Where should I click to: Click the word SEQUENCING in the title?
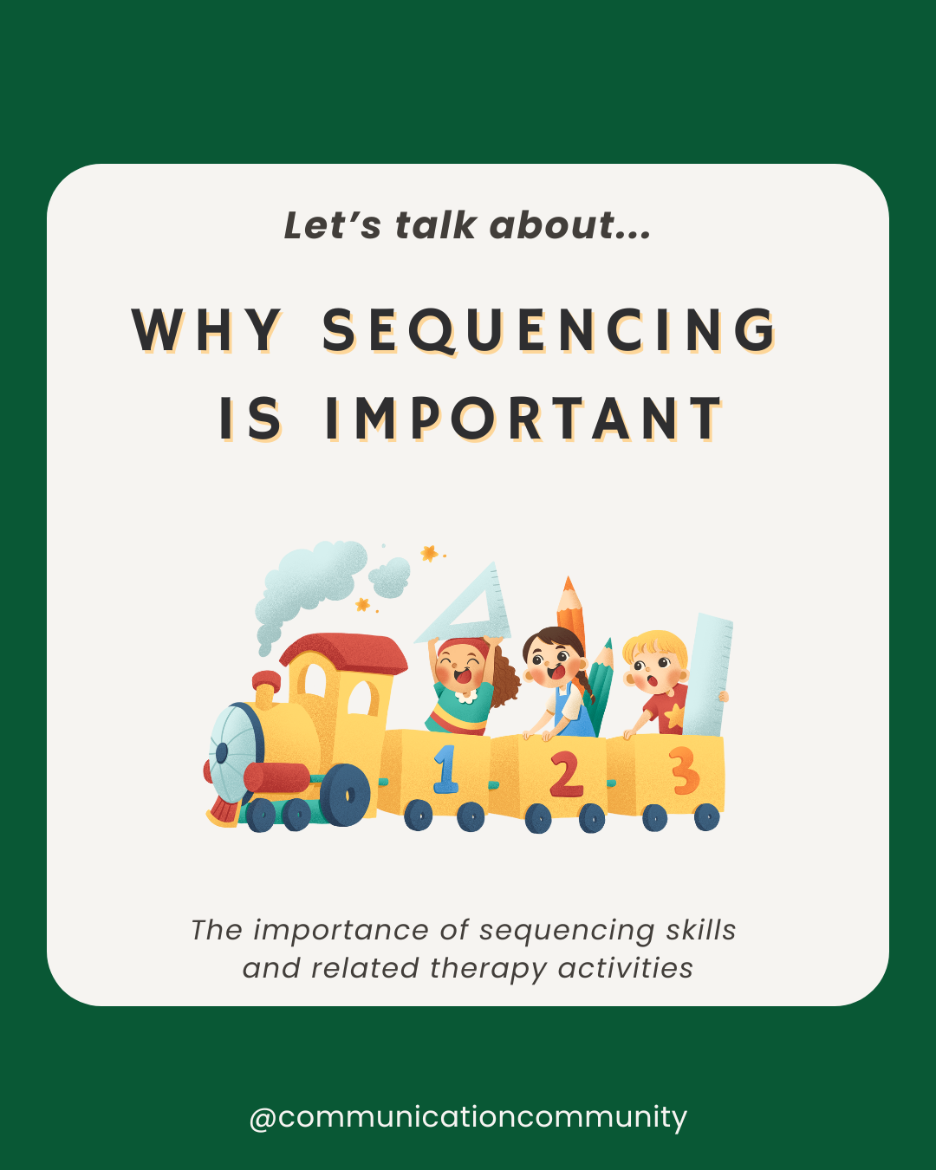click(x=549, y=331)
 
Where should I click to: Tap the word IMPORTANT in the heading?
click(x=524, y=419)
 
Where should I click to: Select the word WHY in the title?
click(x=207, y=331)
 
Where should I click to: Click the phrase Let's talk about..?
click(x=467, y=225)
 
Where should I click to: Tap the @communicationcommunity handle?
click(x=468, y=1116)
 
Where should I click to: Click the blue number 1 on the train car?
click(x=445, y=770)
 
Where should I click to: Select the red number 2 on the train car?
click(x=565, y=774)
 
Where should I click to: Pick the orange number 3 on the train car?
click(x=684, y=770)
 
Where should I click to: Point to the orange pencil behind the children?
click(x=570, y=607)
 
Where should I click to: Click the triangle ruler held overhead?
click(x=468, y=607)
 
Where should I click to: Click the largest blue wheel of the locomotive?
click(x=345, y=794)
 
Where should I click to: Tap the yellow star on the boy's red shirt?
click(x=673, y=715)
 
